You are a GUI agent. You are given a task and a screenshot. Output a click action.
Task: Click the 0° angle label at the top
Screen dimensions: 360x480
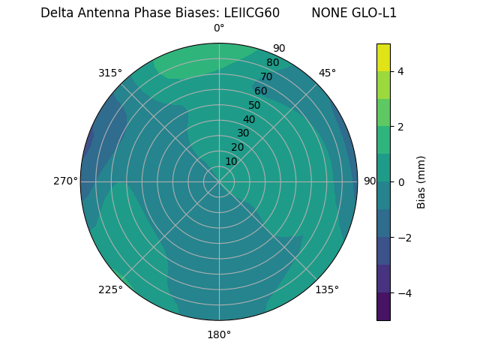(219, 28)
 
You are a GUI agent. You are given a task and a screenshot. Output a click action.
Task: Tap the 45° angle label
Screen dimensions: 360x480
(327, 73)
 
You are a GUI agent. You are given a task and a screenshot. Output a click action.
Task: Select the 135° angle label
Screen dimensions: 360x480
(327, 289)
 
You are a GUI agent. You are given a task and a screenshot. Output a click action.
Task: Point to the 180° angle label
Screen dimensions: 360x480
(219, 334)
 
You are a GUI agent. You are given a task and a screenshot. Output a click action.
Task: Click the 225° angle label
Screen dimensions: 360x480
(110, 289)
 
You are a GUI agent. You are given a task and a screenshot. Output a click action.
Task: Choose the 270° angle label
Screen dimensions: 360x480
(65, 181)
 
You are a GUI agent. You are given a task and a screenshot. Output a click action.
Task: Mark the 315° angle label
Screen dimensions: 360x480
(110, 73)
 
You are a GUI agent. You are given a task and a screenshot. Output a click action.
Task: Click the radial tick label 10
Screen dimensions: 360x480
(231, 161)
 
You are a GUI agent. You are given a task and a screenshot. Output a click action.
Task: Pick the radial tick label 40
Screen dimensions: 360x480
(249, 119)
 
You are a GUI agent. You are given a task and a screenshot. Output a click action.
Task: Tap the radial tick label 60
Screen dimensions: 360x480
(261, 91)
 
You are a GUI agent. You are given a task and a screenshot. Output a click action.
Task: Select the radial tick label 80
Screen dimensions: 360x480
(273, 63)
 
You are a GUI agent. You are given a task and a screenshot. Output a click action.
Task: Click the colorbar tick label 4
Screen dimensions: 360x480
(400, 71)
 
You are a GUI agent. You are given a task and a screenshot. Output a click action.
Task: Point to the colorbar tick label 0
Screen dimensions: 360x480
(400, 181)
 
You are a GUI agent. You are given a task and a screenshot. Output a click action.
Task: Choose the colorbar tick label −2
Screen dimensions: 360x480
(403, 238)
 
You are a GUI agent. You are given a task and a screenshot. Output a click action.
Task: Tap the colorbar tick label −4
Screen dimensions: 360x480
(403, 292)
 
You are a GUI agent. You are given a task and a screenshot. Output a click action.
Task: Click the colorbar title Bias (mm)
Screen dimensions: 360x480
(421, 181)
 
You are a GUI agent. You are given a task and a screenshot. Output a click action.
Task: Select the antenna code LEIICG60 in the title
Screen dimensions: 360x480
(252, 13)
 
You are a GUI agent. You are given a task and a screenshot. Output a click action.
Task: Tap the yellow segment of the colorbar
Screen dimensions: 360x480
(383, 57)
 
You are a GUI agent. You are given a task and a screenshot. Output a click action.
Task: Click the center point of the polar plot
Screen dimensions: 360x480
(219, 181)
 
